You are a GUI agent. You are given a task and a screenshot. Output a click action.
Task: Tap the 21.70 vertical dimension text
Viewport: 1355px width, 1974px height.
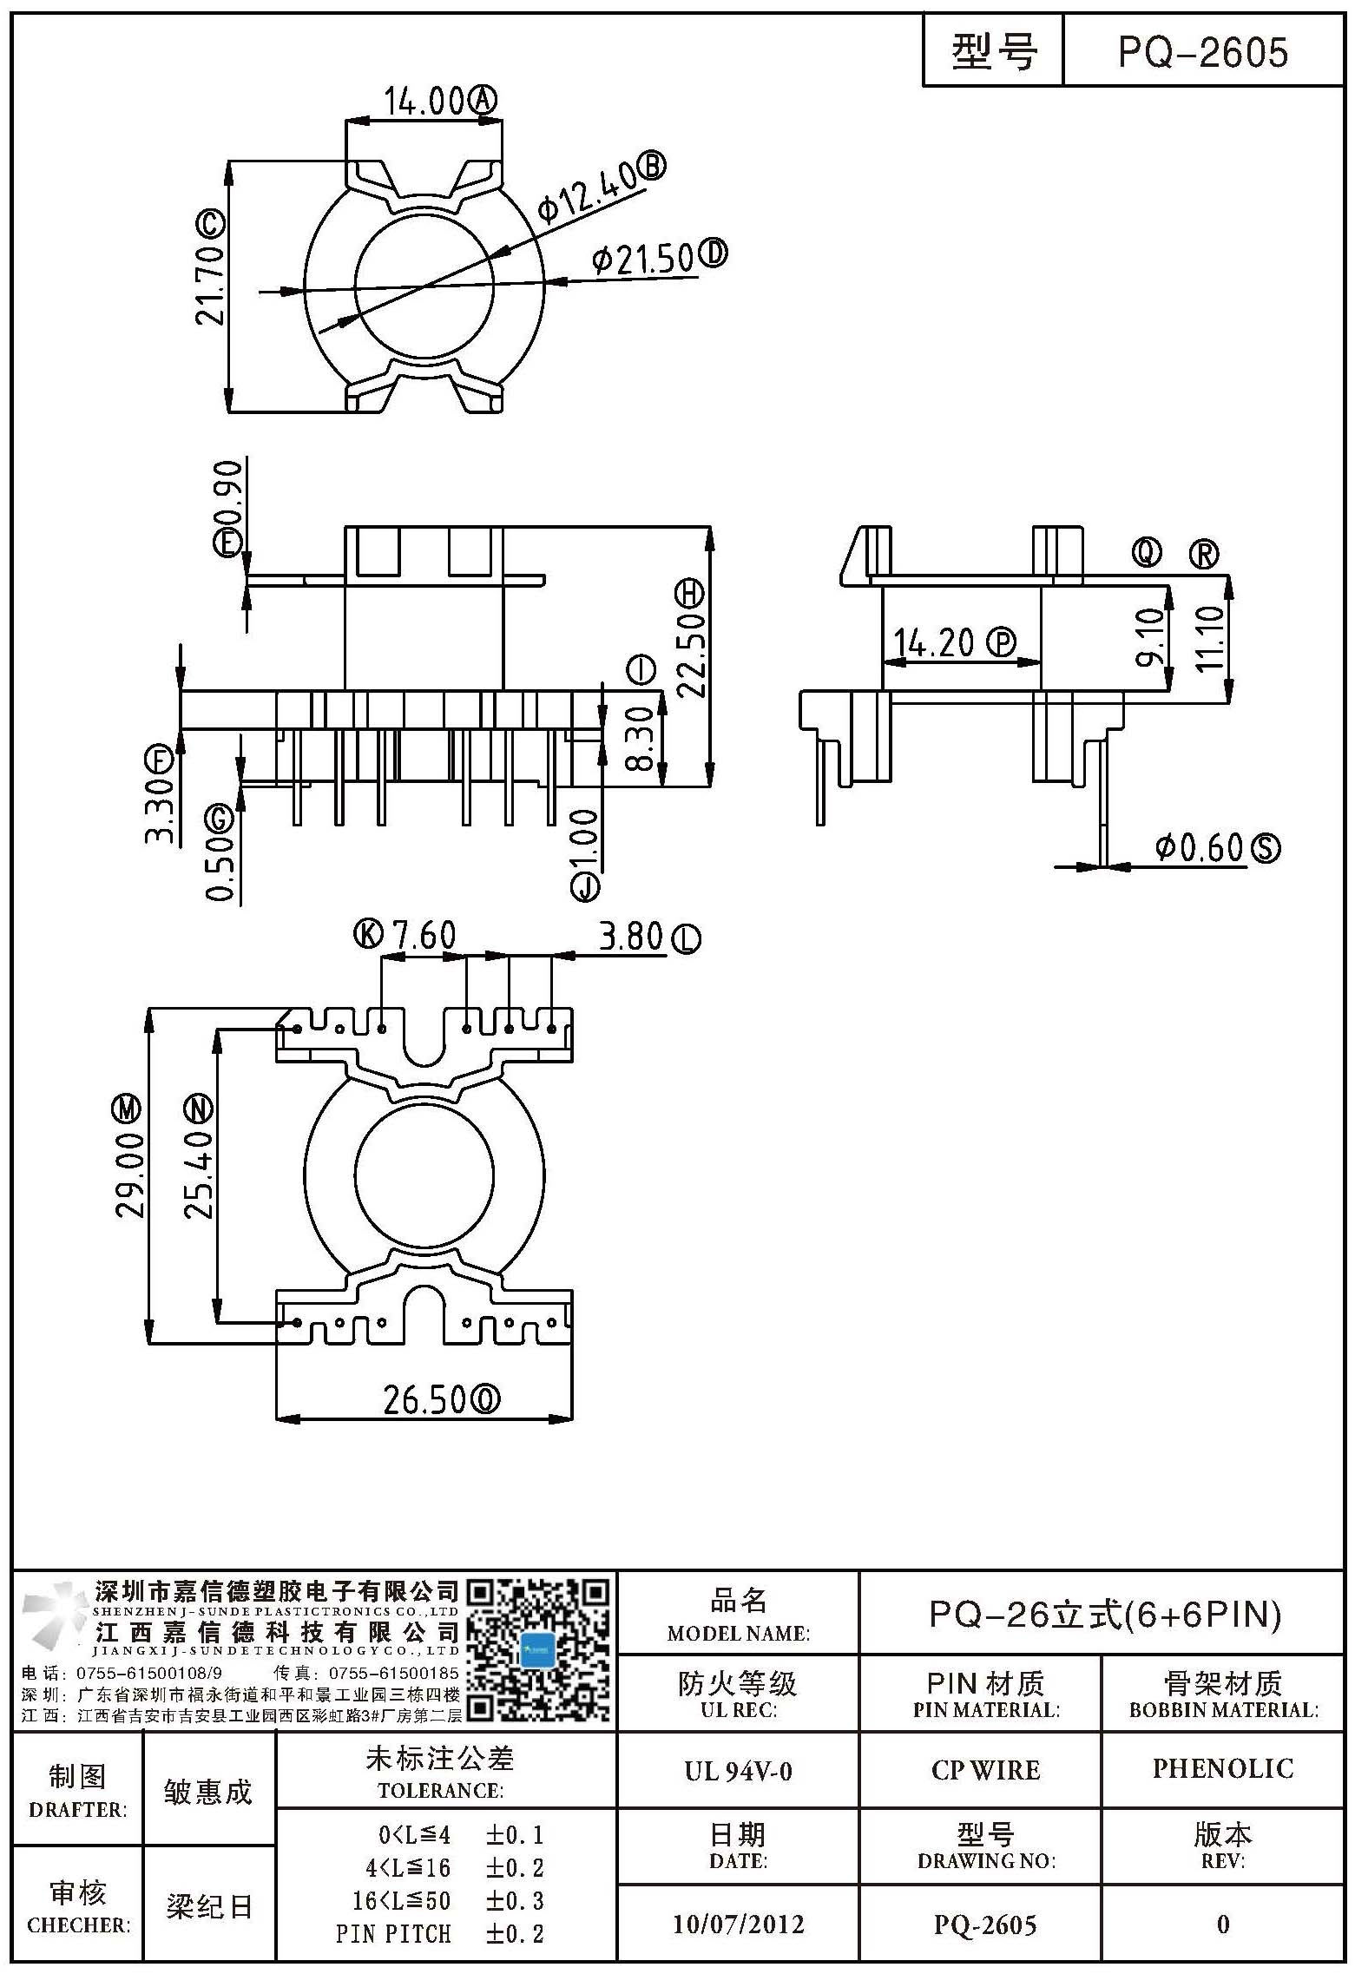209,284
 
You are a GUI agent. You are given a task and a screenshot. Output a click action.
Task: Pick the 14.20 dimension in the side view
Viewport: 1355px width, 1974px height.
934,642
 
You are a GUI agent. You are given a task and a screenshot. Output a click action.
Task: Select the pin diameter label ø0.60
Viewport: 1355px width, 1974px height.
1200,847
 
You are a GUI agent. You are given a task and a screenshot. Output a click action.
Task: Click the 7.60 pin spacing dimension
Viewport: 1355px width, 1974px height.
424,936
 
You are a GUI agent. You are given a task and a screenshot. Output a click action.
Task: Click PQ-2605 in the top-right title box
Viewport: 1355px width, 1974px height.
1202,52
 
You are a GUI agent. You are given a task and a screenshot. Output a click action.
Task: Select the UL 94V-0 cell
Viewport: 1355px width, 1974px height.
738,1771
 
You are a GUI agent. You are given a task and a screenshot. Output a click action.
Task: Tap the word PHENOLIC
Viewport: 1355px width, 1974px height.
1223,1769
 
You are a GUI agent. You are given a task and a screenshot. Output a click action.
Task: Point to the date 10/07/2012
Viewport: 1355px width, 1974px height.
739,1924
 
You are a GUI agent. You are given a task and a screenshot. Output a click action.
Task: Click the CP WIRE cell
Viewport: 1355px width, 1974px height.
986,1770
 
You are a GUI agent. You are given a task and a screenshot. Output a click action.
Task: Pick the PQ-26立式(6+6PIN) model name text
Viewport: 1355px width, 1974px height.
1105,1615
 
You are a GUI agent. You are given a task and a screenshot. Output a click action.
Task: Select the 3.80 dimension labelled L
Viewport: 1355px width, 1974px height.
631,936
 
